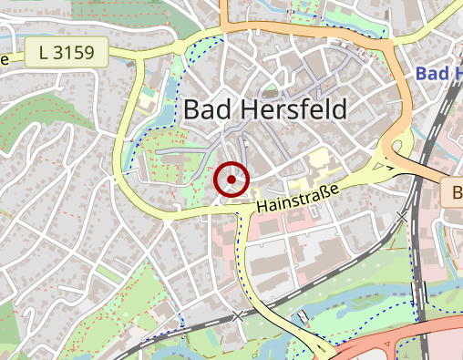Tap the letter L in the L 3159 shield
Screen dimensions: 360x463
pyautogui.click(x=44, y=53)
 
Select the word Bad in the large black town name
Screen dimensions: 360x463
pyautogui.click(x=207, y=110)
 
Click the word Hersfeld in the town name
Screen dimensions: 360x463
pyautogui.click(x=292, y=110)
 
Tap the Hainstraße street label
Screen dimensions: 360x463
pyautogui.click(x=297, y=197)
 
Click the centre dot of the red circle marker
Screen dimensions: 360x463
pyautogui.click(x=231, y=180)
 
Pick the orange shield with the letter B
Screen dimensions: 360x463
pyautogui.click(x=453, y=192)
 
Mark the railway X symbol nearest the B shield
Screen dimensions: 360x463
pyautogui.click(x=403, y=216)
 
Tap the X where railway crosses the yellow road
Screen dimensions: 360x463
pyautogui.click(x=240, y=315)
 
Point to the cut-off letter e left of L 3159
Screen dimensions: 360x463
pyautogui.click(x=4, y=60)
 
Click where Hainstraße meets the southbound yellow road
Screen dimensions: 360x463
pyautogui.click(x=242, y=211)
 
